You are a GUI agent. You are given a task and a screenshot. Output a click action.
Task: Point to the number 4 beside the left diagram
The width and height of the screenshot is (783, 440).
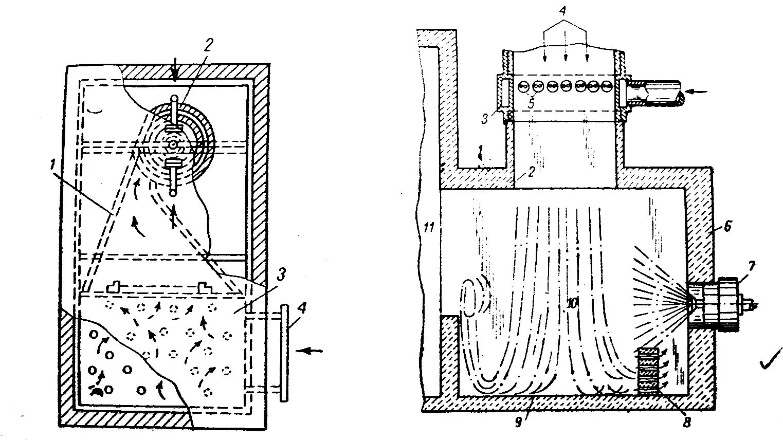click(302, 309)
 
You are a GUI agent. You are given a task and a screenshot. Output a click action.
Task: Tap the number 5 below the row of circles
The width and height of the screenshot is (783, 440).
click(531, 103)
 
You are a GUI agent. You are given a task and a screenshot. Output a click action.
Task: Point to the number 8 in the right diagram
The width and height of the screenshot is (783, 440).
click(687, 423)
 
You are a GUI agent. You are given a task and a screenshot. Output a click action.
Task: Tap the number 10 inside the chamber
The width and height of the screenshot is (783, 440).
click(571, 304)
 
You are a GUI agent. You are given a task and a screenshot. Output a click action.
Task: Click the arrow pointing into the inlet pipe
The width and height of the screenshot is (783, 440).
click(698, 92)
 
